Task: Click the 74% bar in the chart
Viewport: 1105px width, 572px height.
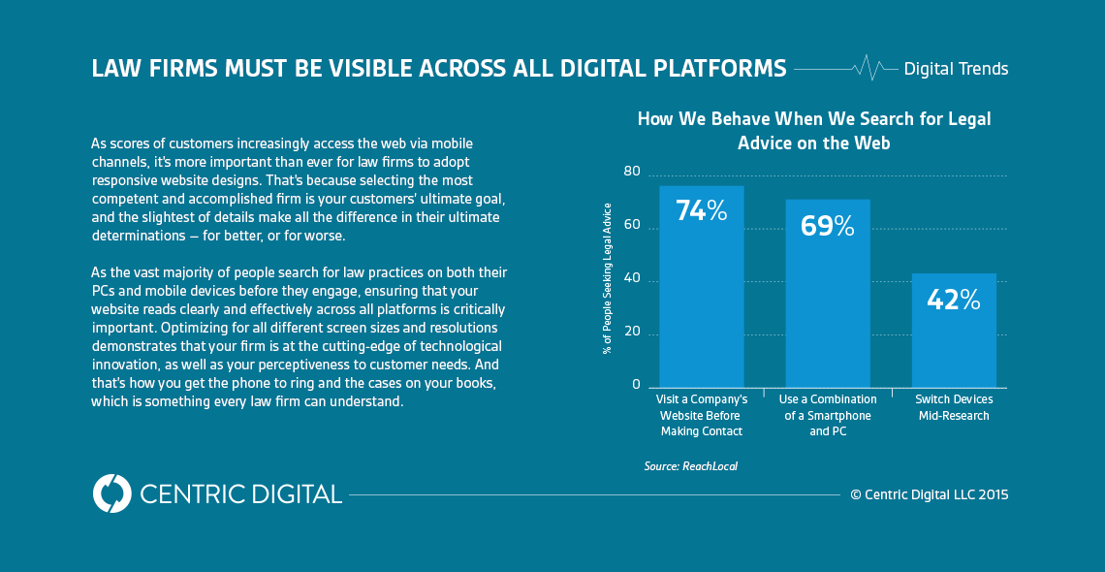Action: tap(701, 286)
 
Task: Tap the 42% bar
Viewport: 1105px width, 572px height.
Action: tap(954, 330)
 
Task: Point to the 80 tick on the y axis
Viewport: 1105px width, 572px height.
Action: tap(632, 172)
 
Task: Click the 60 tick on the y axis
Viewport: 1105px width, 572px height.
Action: tap(632, 225)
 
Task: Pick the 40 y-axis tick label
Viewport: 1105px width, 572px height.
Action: tap(632, 279)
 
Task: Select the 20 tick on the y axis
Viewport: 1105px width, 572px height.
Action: tap(632, 333)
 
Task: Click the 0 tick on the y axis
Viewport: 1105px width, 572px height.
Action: tap(637, 385)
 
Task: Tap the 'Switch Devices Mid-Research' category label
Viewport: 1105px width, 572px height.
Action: tap(954, 407)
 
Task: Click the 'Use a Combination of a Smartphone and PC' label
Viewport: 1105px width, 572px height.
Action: tap(827, 415)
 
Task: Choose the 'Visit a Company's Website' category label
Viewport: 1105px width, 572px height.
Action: tap(701, 415)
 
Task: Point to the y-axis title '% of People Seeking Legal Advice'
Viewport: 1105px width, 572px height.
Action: tap(608, 278)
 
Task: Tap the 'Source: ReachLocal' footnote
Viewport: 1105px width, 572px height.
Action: tap(690, 466)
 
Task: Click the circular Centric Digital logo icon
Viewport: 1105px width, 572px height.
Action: tap(111, 493)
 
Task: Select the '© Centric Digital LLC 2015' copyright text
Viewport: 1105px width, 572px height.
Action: tap(929, 494)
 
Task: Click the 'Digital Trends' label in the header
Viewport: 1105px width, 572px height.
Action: tap(956, 69)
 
